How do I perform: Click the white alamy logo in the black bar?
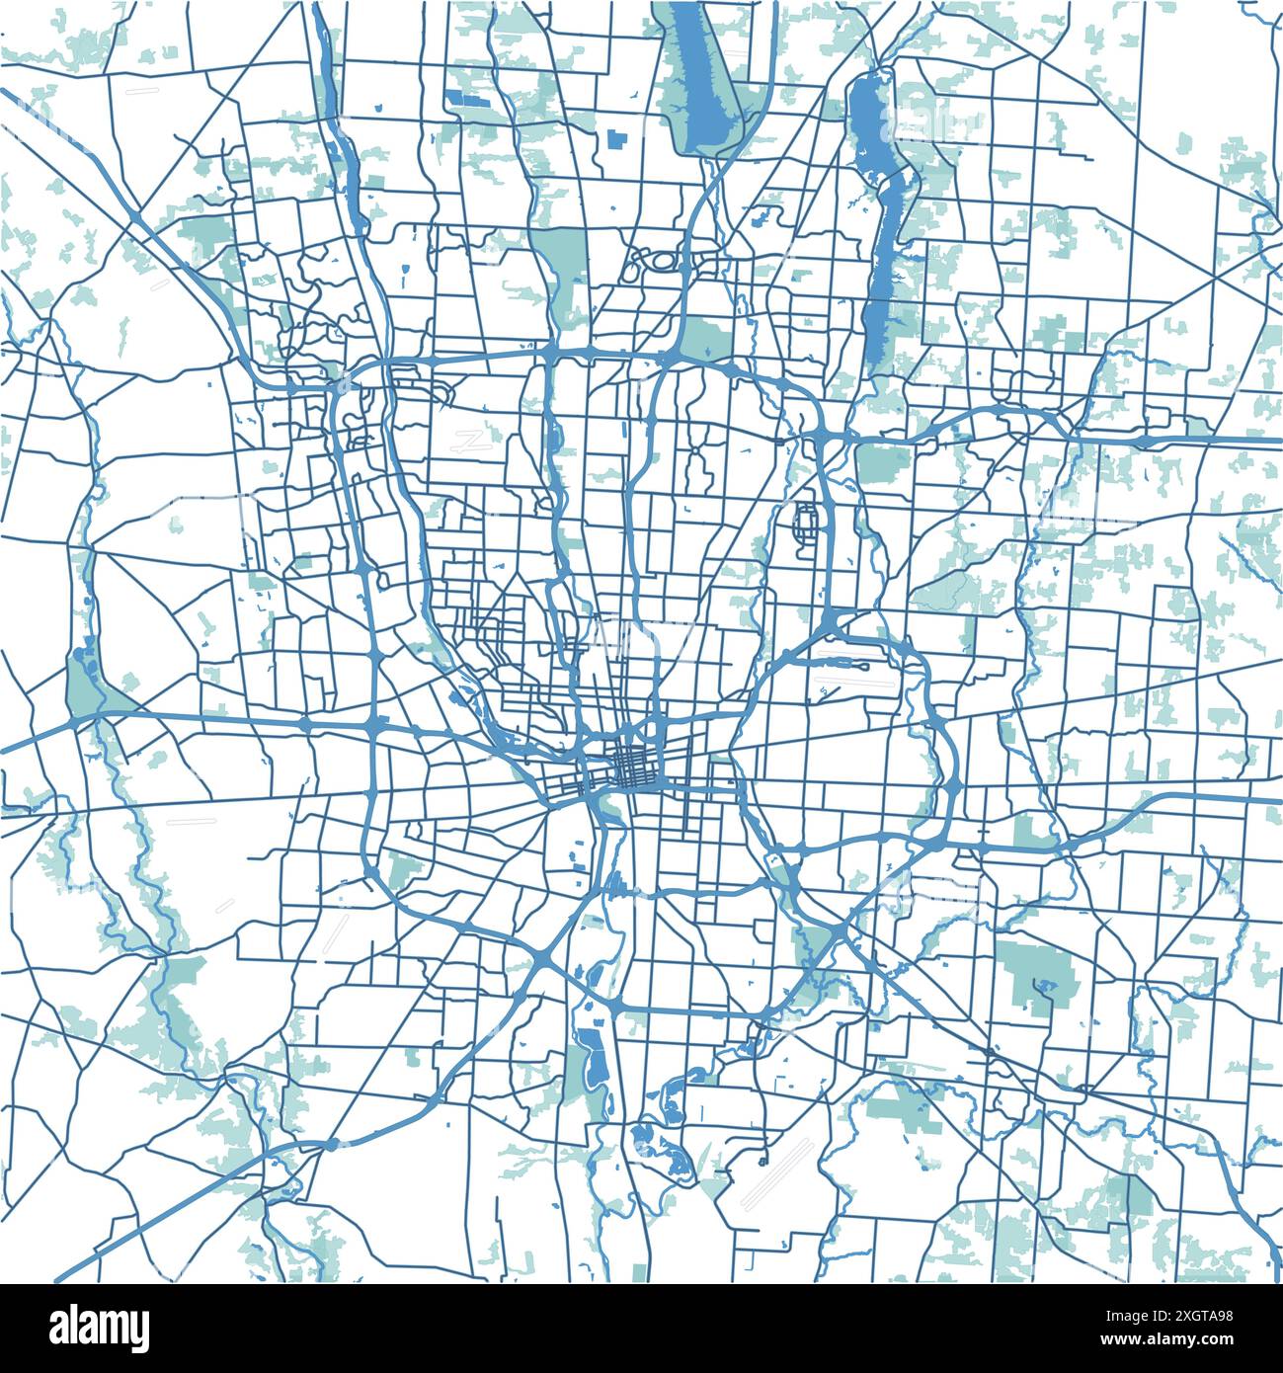[x=89, y=1326]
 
